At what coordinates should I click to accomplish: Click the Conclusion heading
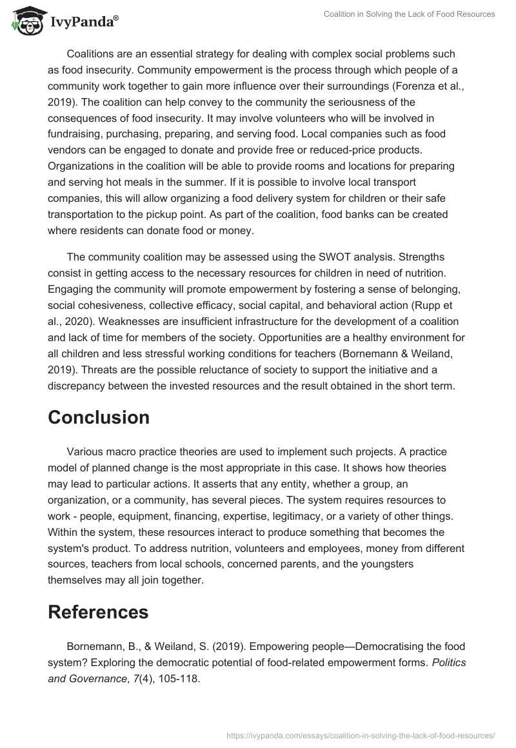tap(99, 417)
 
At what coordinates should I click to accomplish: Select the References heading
tap(98, 611)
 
